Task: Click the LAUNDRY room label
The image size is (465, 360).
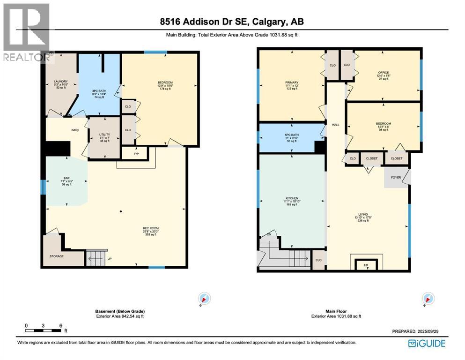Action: [x=60, y=82]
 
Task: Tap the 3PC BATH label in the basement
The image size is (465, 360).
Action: [x=98, y=90]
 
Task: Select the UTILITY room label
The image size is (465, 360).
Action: [x=104, y=135]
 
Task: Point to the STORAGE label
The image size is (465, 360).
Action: [x=57, y=256]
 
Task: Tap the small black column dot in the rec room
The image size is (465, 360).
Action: [x=121, y=211]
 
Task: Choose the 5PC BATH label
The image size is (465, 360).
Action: [x=292, y=136]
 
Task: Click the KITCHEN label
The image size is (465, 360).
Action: [x=291, y=198]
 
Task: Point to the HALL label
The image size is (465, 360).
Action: [x=335, y=125]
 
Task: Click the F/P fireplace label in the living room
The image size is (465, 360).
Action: [x=367, y=265]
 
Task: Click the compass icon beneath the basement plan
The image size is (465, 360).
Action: [x=205, y=298]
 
